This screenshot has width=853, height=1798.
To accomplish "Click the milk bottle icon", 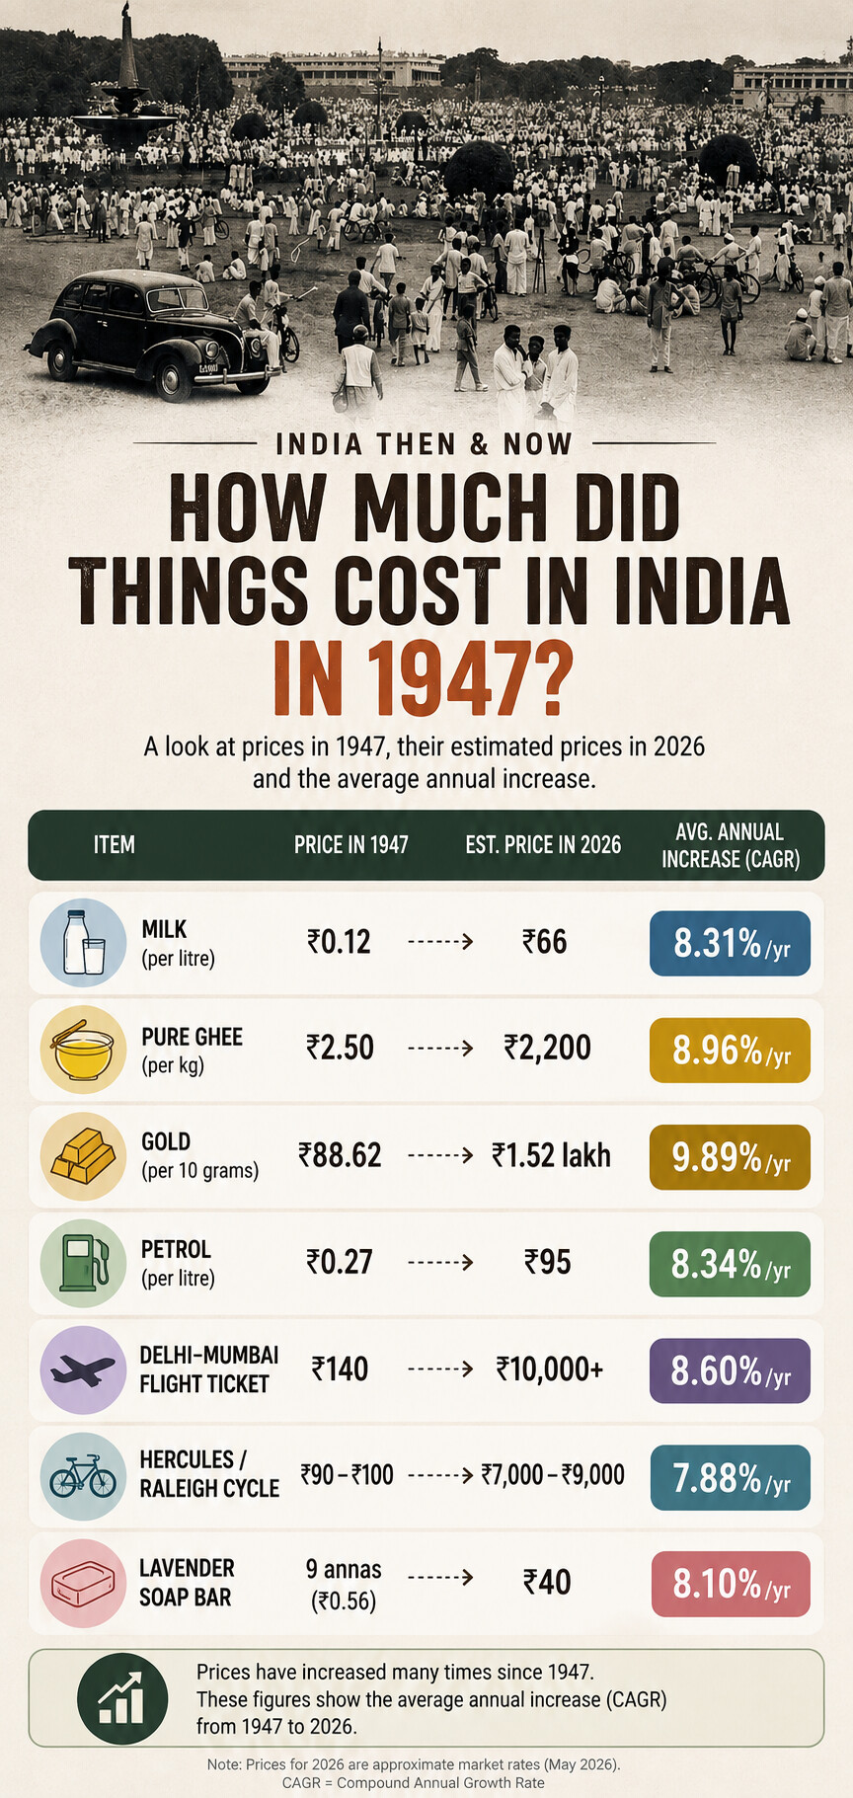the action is (83, 942).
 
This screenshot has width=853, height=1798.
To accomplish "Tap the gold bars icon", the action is (83, 1156).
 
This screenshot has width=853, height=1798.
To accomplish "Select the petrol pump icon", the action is (84, 1262).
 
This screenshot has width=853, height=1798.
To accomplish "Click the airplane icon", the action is (83, 1369).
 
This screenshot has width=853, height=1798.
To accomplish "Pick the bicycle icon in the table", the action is (83, 1477).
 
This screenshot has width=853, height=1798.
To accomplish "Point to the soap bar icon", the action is (83, 1583).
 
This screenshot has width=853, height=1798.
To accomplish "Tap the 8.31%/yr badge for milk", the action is (731, 943).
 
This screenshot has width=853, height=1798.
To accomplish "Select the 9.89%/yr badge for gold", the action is (731, 1156).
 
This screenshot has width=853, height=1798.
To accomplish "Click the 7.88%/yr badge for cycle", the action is (731, 1477).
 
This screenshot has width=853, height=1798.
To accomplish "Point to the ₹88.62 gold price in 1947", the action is (340, 1155).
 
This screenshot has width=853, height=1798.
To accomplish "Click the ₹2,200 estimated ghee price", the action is (547, 1048).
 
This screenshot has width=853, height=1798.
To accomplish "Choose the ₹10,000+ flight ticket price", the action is (550, 1368).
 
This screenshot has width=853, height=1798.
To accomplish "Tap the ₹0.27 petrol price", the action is (339, 1262).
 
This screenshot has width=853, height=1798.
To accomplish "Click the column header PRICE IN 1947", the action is (350, 845).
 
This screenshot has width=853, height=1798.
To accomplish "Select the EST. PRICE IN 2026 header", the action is (543, 845).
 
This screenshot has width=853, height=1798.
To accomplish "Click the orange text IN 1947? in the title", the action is (422, 679).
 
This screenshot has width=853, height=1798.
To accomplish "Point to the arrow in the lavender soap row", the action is (440, 1578).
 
